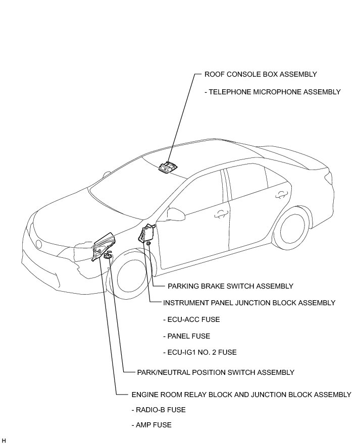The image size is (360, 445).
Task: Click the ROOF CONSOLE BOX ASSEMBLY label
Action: click(261, 74)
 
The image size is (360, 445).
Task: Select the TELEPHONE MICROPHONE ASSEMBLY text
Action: click(273, 92)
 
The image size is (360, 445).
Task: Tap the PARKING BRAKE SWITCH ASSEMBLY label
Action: click(230, 286)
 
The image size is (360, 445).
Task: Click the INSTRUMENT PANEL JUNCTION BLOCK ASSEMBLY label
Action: click(249, 303)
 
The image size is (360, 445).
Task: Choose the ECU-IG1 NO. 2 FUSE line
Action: click(200, 352)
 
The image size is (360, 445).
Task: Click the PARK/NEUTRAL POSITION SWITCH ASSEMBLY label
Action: click(216, 372)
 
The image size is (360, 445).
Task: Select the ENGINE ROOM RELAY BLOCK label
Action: click(241, 394)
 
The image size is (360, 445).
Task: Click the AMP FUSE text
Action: click(151, 425)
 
